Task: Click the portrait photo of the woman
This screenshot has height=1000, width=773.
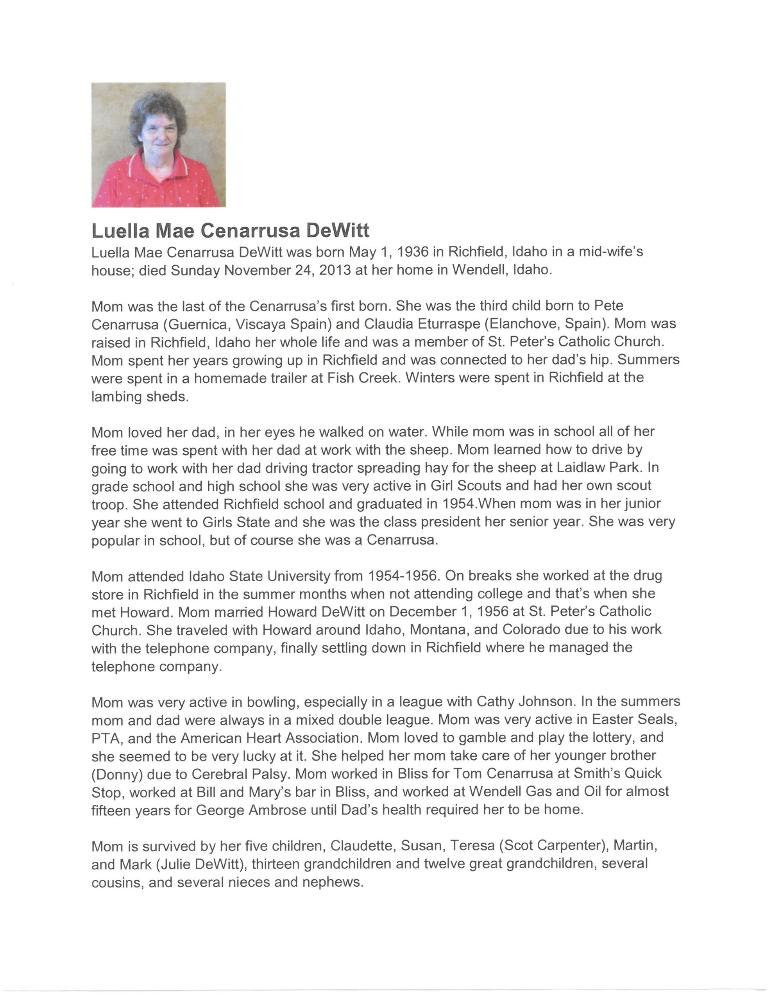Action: [x=158, y=145]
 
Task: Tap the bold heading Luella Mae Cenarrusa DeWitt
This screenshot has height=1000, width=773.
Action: [x=230, y=230]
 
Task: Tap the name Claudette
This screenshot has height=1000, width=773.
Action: [x=361, y=846]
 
